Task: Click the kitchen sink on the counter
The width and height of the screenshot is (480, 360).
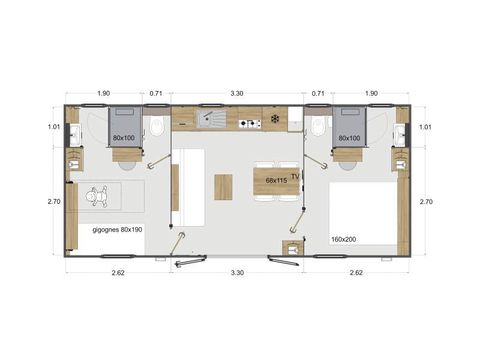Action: coord(212,121)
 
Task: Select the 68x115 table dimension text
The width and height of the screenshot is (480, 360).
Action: coord(276,181)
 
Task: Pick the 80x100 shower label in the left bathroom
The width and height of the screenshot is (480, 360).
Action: coord(124,137)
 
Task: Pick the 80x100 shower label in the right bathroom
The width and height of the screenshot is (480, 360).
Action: coord(349,137)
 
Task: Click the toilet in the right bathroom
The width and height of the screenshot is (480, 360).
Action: coord(318,127)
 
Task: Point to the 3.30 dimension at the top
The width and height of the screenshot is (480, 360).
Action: coord(237,93)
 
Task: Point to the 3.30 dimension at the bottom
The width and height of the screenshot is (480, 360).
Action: coord(237,271)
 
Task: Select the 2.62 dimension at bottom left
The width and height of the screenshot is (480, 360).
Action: coord(118,271)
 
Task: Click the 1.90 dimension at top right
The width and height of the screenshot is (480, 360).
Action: coord(372,93)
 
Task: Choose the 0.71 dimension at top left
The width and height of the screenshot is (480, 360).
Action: coord(156,93)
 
